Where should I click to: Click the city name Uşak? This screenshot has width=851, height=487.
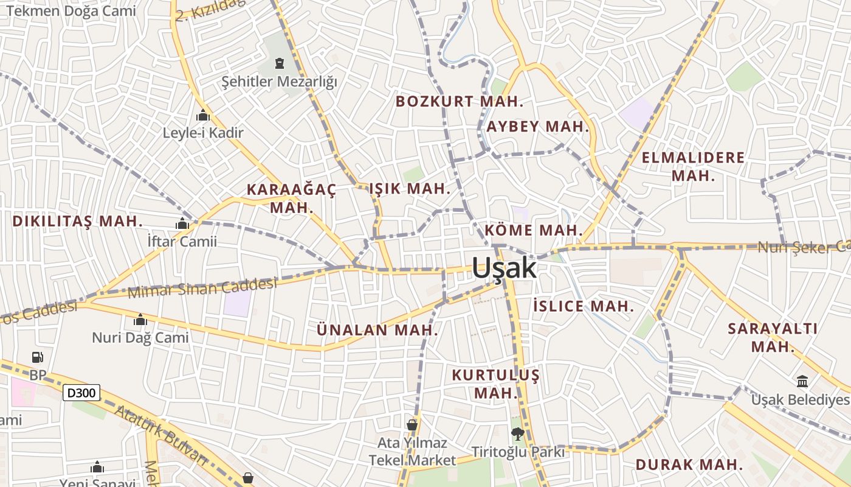pos(504,268)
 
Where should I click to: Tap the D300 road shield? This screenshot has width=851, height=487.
pos(81,393)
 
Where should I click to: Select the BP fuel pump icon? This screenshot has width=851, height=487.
pos(38,357)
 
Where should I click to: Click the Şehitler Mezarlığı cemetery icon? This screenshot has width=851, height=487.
pos(279,63)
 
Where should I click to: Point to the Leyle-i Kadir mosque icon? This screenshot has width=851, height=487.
pos(203,115)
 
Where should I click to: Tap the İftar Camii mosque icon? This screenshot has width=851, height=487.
pos(182,224)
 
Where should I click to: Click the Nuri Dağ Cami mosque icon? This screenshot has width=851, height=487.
pos(140,320)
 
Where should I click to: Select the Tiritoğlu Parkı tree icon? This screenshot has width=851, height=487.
pos(518,434)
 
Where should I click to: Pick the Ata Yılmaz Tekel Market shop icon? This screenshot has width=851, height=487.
pos(412,424)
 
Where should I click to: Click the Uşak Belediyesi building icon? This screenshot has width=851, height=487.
pos(802,381)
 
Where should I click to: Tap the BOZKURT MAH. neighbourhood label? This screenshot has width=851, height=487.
pos(460,102)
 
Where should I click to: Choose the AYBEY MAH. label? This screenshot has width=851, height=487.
pos(538,127)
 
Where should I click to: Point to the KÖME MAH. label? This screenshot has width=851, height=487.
pos(534,231)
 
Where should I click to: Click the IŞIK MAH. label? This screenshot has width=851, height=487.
pos(410,189)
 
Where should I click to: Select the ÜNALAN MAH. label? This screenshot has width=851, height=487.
pos(377,330)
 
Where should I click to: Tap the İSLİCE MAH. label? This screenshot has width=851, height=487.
pos(584,306)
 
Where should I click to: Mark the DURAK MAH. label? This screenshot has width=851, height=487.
pos(689,464)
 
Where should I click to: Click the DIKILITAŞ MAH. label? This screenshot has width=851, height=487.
pos(78,221)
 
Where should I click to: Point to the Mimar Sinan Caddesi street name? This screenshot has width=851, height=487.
pos(202,287)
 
